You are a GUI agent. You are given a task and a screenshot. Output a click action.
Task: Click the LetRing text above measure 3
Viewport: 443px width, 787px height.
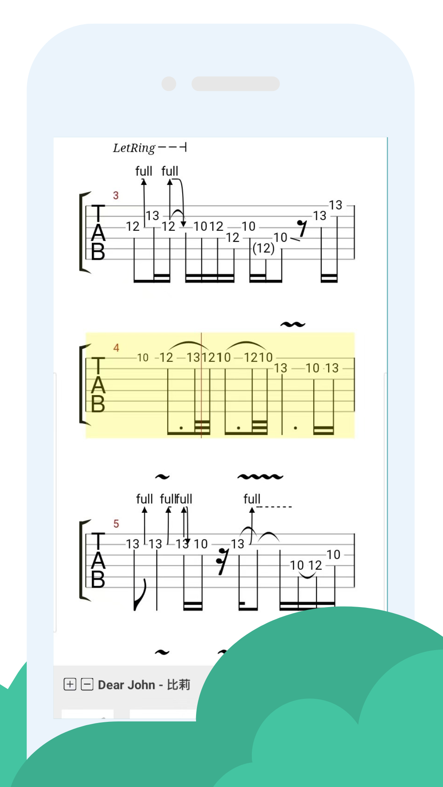[x=134, y=148]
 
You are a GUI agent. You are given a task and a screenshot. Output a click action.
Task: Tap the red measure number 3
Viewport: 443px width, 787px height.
[x=116, y=196]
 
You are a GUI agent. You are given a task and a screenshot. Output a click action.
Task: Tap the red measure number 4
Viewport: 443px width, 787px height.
[x=116, y=348]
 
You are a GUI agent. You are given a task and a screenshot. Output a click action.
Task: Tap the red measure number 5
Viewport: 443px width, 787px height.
[x=116, y=524]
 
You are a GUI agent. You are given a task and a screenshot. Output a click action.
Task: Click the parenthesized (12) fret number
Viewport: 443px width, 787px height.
[x=263, y=248]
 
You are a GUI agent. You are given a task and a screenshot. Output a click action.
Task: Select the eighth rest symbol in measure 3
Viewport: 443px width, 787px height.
[x=302, y=228]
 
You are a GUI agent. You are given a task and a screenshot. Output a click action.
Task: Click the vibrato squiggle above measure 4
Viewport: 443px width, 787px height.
[x=293, y=325]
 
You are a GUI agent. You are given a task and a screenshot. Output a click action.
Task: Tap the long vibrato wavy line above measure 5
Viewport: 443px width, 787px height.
[x=260, y=477]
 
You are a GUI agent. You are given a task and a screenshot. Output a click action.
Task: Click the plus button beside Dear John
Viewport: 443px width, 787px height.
[x=70, y=684]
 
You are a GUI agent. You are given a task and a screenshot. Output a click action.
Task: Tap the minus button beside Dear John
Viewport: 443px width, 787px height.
[x=87, y=684]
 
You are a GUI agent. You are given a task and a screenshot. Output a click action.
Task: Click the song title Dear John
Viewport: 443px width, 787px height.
[x=126, y=685]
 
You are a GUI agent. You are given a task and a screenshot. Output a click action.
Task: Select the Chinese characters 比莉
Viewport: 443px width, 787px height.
[x=178, y=685]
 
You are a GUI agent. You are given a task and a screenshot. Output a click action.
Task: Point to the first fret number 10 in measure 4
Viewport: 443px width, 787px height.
[x=143, y=358]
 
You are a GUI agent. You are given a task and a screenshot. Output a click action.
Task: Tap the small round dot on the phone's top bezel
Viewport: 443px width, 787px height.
[x=169, y=84]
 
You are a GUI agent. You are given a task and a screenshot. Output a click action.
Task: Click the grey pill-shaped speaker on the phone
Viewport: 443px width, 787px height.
[x=235, y=84]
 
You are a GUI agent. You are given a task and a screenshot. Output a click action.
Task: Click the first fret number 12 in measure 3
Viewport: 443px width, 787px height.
[x=132, y=226]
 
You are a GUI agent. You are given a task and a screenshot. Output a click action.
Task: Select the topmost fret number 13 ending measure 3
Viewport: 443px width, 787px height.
[x=335, y=205]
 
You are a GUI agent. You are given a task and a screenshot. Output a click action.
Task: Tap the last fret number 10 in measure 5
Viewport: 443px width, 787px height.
[x=333, y=555]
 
